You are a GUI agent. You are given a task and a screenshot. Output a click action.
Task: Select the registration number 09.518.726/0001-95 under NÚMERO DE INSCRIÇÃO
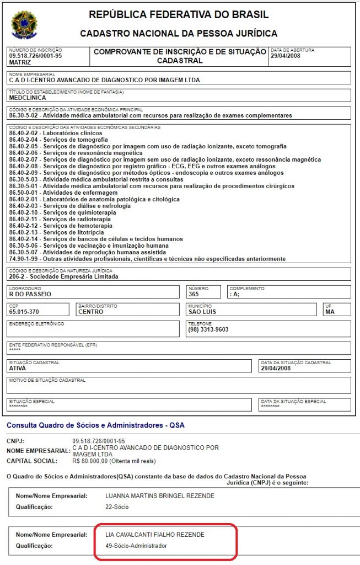(x=35, y=56)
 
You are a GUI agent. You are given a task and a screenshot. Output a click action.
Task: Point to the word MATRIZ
(x=20, y=62)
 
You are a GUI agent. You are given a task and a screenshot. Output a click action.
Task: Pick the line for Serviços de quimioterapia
(x=63, y=212)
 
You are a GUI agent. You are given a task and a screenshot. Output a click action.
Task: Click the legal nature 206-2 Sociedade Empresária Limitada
(x=63, y=277)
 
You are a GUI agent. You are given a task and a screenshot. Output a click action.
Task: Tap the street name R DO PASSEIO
(x=30, y=295)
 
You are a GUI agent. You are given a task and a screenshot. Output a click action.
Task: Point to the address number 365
(x=194, y=295)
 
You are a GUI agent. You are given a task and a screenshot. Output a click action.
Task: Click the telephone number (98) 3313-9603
(x=208, y=330)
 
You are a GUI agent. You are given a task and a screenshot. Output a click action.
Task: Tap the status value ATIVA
(x=18, y=368)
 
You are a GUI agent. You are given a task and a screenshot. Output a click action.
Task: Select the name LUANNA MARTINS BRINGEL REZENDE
(x=159, y=495)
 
